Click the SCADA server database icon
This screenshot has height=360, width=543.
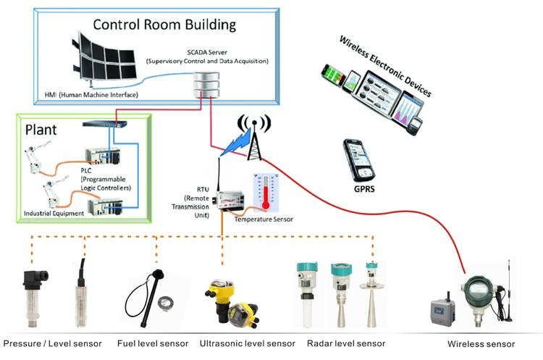206,85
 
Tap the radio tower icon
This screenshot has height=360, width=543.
254,138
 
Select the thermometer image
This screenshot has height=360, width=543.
266,193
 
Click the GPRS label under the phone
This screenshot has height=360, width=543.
364,189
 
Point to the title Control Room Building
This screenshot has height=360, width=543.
164,25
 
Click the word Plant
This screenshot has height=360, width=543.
41,130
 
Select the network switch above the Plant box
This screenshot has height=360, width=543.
104,123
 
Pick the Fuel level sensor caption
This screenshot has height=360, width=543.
153,343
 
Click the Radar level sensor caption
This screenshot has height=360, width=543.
346,343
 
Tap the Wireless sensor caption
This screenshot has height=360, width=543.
481,344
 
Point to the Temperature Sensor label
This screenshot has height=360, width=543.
264,219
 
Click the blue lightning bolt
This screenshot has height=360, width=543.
235,142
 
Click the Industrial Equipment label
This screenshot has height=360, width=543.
54,213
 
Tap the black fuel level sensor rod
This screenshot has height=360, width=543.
148,298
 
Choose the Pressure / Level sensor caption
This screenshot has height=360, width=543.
52,343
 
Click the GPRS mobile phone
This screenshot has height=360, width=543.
359,160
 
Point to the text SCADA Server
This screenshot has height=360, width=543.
207,52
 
